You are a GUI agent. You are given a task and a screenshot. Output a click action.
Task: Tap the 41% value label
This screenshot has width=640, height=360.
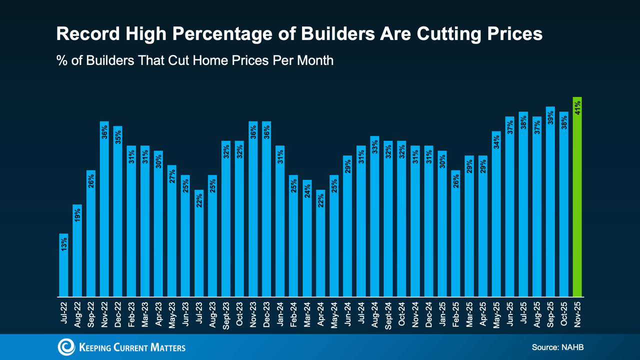coord(577,107)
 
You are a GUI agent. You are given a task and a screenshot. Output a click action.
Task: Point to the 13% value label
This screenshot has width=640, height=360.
coord(63,244)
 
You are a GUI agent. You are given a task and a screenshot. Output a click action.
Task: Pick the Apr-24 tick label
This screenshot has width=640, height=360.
coord(320,314)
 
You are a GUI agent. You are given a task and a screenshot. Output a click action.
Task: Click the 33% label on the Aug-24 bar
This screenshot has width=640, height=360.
coord(374,147)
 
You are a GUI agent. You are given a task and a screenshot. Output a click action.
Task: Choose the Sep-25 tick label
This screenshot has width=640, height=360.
coord(550,313)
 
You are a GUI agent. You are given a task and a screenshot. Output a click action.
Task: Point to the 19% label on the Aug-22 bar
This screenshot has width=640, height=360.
coord(77,215)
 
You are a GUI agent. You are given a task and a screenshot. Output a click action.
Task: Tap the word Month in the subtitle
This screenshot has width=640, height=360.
coord(313,61)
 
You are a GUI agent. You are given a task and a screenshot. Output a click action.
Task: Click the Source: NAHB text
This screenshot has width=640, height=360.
coord(557,347)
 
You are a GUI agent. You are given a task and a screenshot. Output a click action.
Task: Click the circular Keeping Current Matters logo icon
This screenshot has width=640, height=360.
coord(66,347)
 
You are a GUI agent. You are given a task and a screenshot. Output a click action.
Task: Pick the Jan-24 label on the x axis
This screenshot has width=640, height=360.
coord(280,313)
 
